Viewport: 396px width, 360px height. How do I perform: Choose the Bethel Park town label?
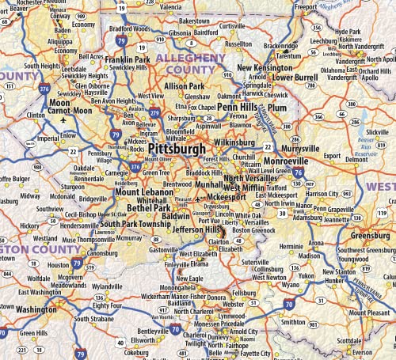pyautogui.click(x=148, y=208)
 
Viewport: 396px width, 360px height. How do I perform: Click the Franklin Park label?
pyautogui.click(x=128, y=59)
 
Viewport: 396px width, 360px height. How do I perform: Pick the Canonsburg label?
pyautogui.click(x=101, y=253)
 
